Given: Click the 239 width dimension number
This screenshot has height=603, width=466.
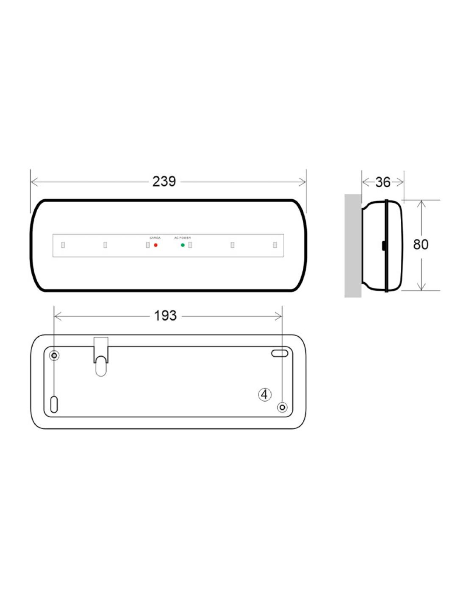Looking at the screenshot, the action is click(164, 182).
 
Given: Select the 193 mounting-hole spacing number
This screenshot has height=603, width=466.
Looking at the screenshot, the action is click(165, 316).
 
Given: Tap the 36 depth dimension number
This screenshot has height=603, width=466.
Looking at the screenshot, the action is click(383, 182).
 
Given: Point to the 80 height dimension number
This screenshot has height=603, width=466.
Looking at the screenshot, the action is click(421, 245).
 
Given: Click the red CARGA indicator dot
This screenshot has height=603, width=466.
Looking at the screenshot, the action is click(155, 245).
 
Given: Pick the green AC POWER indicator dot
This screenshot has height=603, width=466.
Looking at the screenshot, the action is click(183, 245).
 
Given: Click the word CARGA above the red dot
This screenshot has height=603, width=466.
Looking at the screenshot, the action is click(155, 238).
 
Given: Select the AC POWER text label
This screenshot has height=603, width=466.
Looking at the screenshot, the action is click(183, 238).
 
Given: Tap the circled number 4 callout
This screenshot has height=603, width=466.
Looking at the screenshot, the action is click(265, 394).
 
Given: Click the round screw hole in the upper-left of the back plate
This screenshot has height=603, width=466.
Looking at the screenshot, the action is click(54, 355).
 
